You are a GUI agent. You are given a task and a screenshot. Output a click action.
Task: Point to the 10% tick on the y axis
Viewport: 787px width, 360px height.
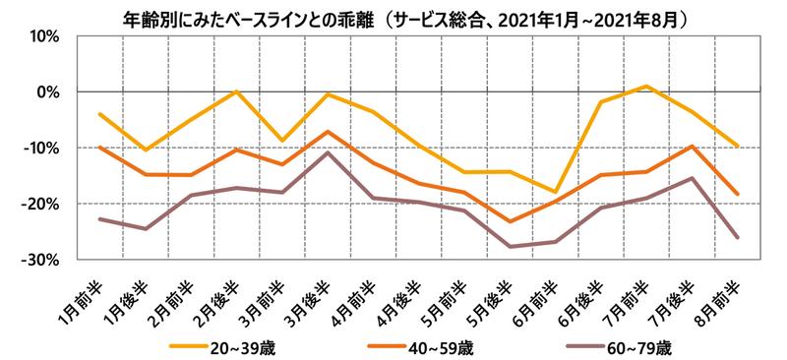[45, 36]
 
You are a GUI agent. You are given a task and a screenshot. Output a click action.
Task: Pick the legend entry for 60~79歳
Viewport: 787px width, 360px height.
[616, 347]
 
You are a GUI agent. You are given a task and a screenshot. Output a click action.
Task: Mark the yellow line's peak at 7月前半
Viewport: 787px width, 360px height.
[645, 87]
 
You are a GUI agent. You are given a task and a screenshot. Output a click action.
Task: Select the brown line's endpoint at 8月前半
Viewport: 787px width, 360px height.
[735, 237]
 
